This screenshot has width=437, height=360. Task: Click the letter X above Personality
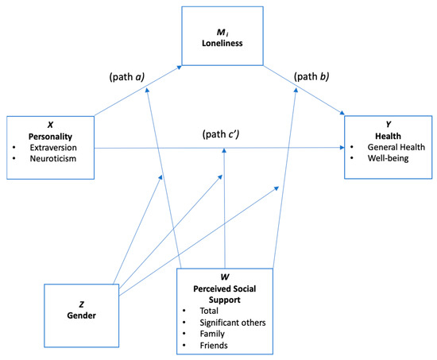point(50,125)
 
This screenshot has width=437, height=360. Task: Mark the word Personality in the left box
point(50,136)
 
